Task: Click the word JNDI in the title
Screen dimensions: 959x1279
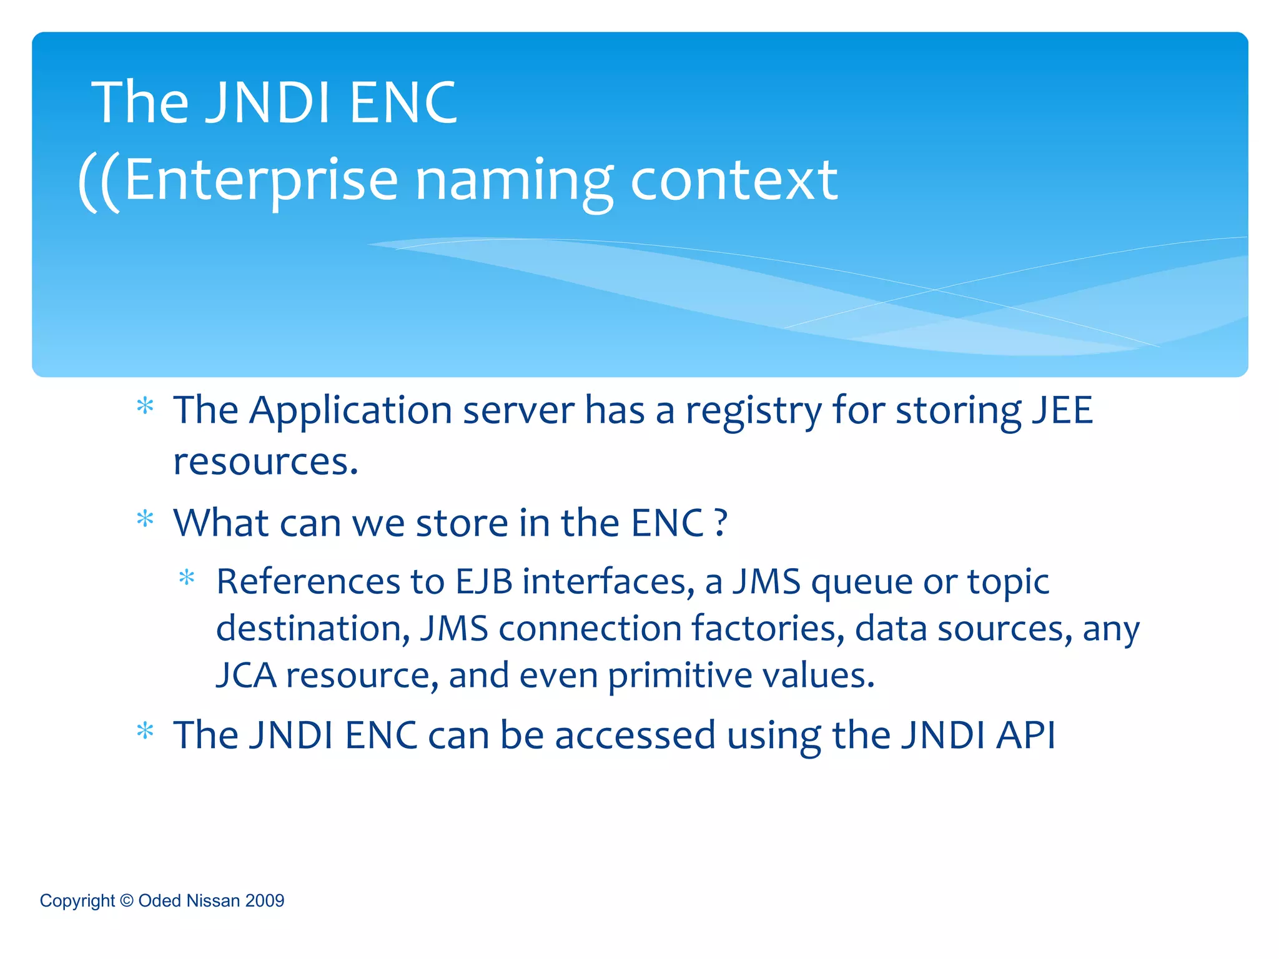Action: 268,103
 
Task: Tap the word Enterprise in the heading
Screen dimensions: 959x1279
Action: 261,181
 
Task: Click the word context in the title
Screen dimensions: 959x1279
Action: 734,181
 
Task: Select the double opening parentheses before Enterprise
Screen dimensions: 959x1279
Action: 99,182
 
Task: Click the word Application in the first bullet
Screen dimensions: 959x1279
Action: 350,411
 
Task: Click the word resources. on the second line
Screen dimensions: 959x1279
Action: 265,463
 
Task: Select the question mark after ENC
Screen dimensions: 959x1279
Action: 721,523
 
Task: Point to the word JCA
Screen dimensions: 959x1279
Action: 246,676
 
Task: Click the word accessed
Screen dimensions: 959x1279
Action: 635,735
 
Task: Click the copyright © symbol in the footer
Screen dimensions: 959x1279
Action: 127,901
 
